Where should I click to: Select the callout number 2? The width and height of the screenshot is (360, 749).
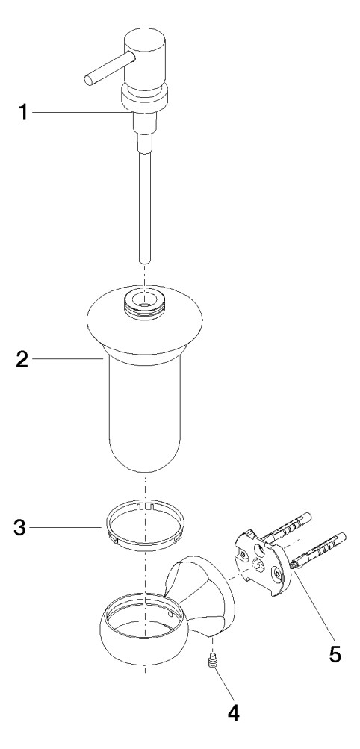(x=22, y=358)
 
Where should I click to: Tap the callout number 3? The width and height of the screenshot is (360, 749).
(x=22, y=527)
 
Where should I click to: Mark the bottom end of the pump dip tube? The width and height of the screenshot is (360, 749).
(x=145, y=261)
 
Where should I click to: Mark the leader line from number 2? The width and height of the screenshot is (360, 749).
(x=68, y=358)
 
